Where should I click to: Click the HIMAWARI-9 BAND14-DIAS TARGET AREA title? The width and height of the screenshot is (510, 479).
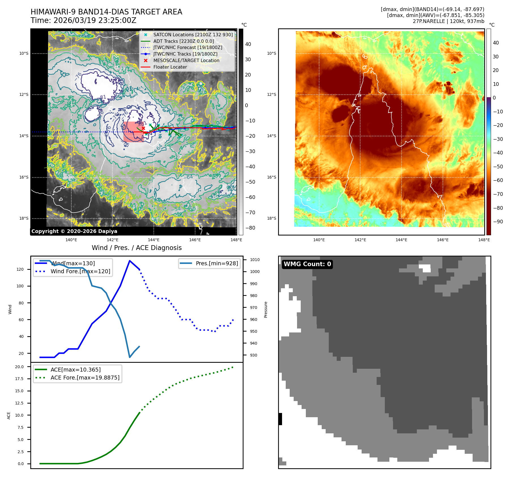click(x=106, y=12)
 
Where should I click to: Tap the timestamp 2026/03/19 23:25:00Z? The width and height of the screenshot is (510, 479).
click(x=95, y=21)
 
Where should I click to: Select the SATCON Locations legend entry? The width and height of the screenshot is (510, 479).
click(x=193, y=35)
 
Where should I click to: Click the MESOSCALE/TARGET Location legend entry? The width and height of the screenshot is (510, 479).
click(x=186, y=60)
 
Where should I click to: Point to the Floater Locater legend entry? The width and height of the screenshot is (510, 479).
click(x=170, y=67)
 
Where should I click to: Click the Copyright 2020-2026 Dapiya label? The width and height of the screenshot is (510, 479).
click(x=74, y=231)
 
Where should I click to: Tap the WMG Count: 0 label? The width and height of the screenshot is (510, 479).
click(x=307, y=264)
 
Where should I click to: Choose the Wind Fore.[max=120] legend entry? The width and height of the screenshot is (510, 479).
click(x=80, y=271)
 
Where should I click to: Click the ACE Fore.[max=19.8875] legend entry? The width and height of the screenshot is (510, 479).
click(x=85, y=378)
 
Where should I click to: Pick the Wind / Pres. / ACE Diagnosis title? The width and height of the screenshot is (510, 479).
click(x=136, y=248)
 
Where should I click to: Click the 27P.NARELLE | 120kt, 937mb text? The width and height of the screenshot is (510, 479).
click(x=448, y=21)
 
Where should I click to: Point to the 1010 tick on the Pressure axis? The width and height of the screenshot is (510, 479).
click(x=255, y=260)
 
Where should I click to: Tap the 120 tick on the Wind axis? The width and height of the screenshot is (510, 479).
click(x=20, y=269)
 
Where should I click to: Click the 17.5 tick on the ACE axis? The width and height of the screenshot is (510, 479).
click(x=19, y=379)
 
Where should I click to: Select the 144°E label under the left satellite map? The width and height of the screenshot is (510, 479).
click(x=154, y=240)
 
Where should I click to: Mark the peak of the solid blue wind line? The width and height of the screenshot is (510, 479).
click(x=130, y=261)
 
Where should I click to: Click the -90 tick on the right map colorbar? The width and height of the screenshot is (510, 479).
click(x=498, y=222)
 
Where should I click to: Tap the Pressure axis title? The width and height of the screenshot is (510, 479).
click(x=266, y=310)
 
